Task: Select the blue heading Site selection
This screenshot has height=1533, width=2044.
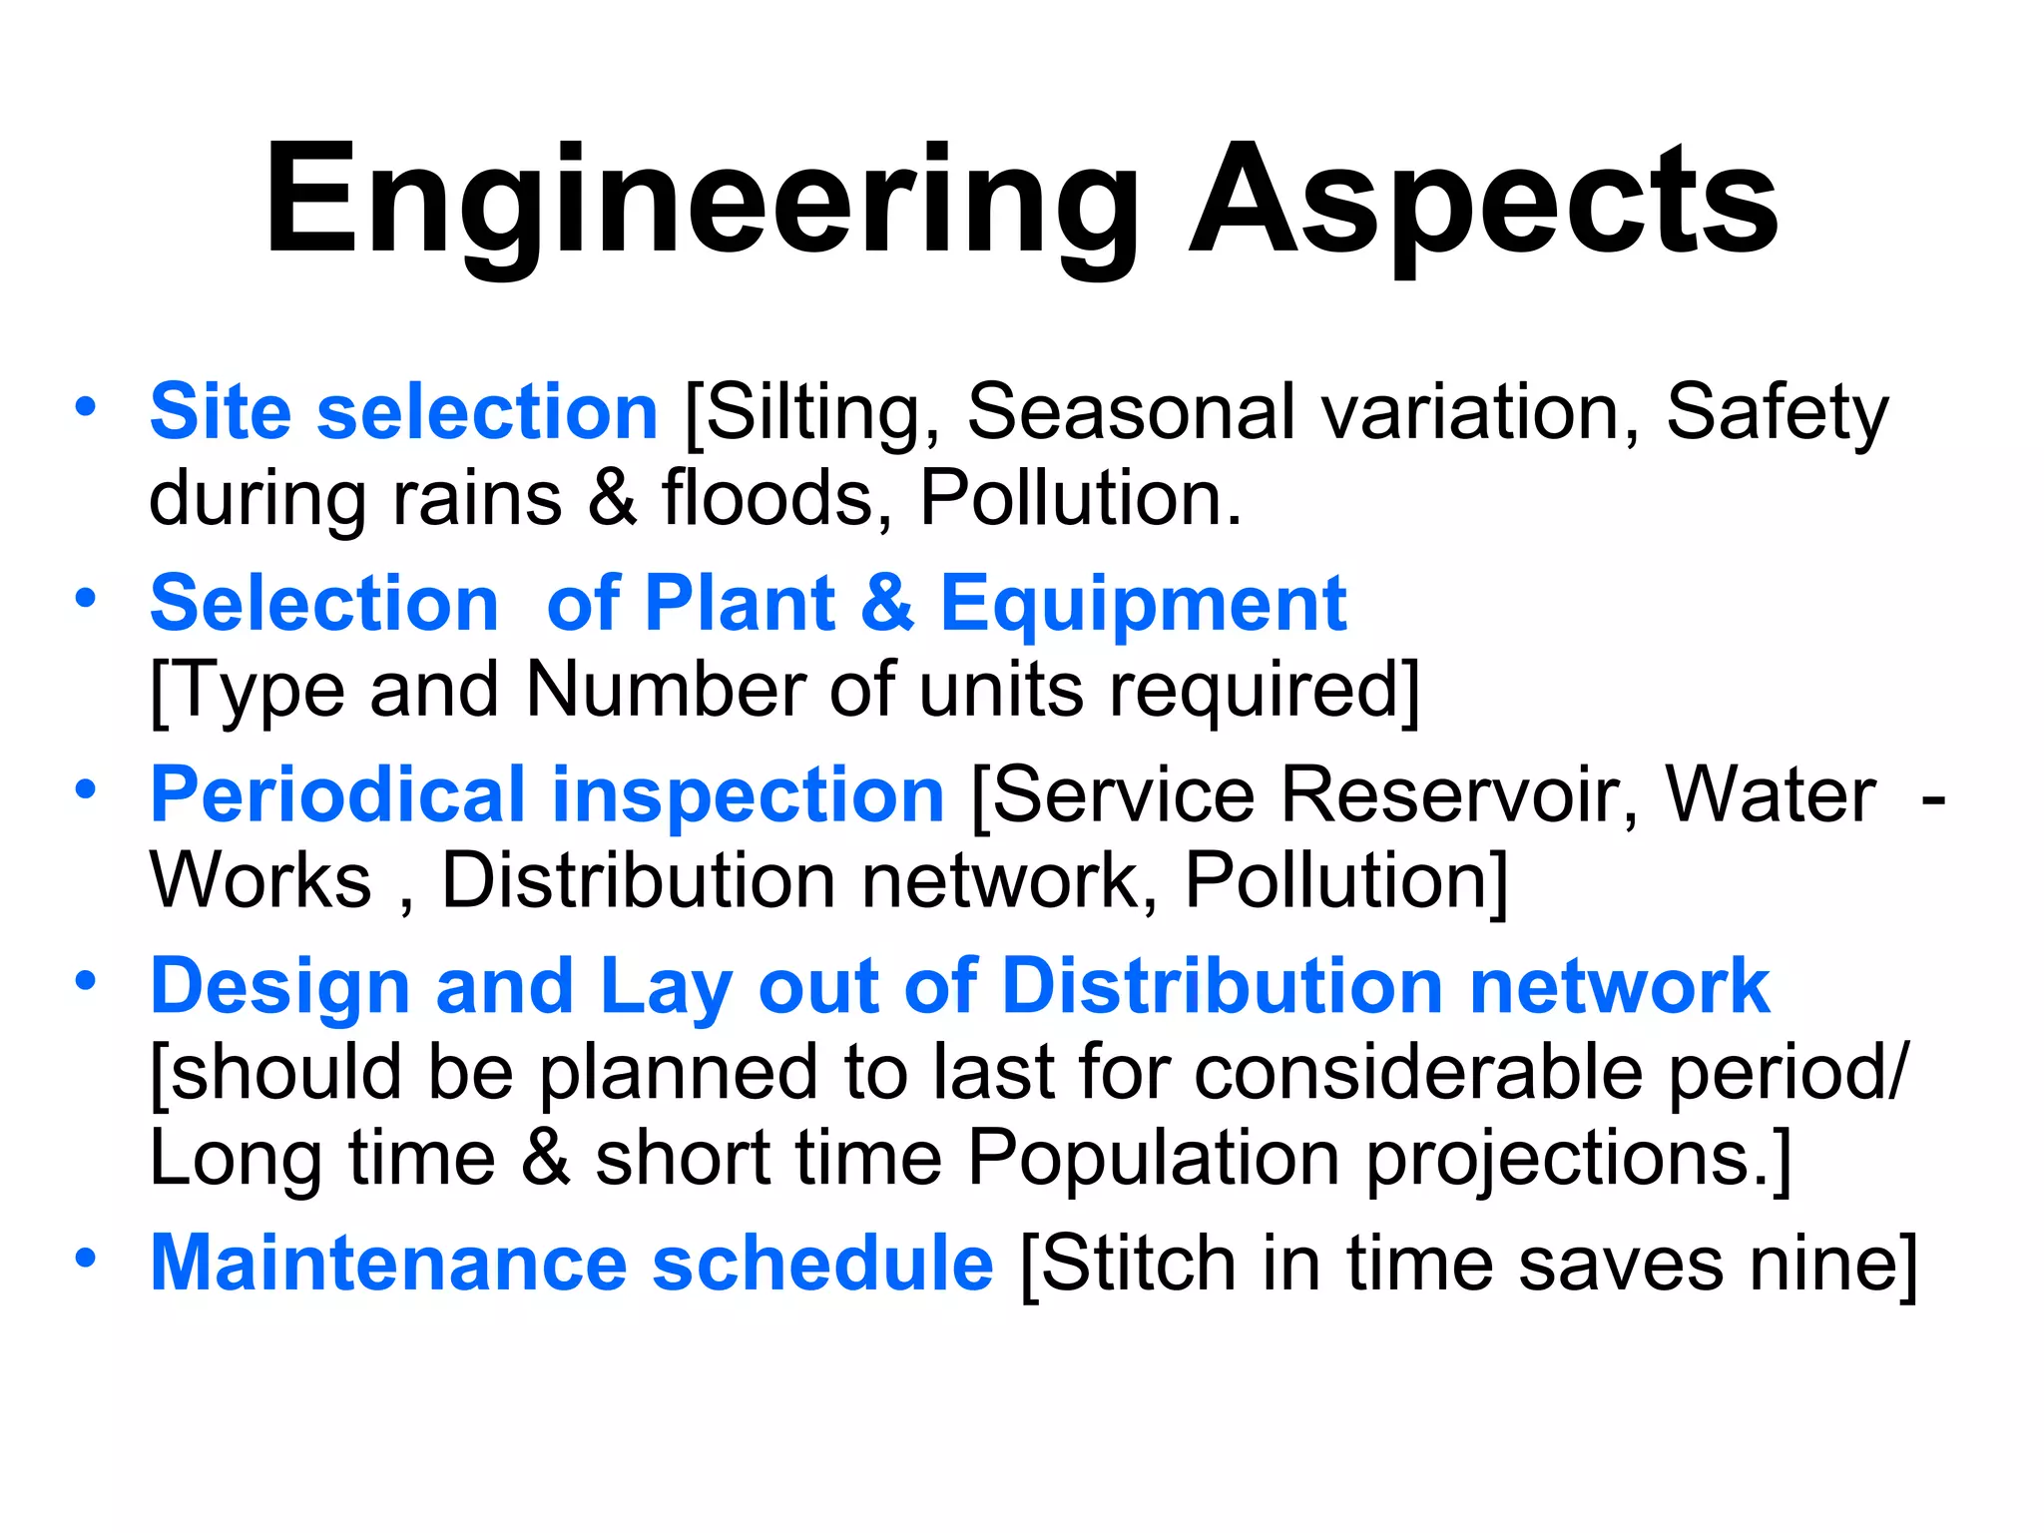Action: coord(403,411)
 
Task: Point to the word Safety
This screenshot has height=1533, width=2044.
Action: coord(1777,411)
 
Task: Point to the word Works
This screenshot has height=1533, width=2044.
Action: coord(260,880)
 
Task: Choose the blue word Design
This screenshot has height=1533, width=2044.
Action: coord(279,986)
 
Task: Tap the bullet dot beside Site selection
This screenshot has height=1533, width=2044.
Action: coord(86,406)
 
